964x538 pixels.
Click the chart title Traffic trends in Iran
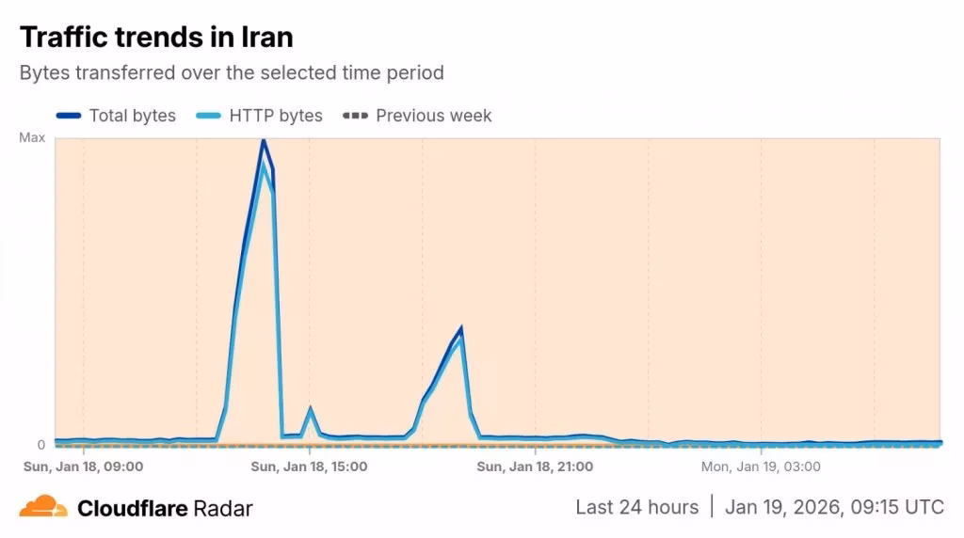point(156,37)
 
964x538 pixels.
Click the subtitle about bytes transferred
point(232,72)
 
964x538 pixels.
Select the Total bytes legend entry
point(132,116)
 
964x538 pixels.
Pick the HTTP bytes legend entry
point(275,116)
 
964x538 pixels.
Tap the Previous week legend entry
point(433,116)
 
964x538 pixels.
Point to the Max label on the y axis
point(32,138)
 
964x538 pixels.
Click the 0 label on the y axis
point(40,445)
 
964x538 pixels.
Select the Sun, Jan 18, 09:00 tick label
point(83,466)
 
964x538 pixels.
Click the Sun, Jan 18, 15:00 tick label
point(309,466)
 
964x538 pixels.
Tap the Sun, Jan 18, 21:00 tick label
point(535,466)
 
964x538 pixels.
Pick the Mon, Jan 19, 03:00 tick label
point(761,466)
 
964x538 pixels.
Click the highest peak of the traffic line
point(263,140)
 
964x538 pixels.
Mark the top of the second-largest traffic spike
point(460,328)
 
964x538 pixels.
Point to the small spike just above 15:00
point(310,409)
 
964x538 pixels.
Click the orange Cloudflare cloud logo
point(43,507)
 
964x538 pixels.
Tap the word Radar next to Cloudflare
point(223,509)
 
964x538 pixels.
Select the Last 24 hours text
point(636,507)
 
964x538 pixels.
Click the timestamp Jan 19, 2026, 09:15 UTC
point(834,507)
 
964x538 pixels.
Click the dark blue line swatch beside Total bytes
point(69,116)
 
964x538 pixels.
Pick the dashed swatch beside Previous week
point(355,116)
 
